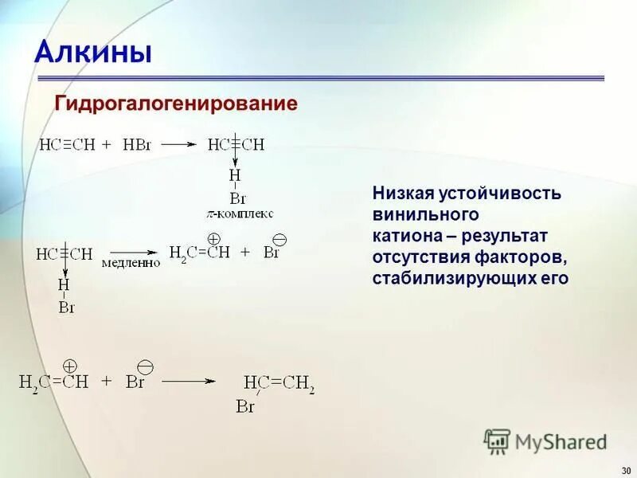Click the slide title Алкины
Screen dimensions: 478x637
pos(93,53)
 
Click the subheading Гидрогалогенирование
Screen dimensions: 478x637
pos(175,104)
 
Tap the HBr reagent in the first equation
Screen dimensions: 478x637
pos(142,144)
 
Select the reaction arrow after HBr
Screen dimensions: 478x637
pos(180,144)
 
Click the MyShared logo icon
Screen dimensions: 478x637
pos(497,441)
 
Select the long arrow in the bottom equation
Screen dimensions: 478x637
pos(189,382)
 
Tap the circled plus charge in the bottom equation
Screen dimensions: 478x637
pos(69,366)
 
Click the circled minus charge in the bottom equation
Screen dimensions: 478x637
pos(144,366)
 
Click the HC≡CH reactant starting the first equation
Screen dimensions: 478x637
pos(67,144)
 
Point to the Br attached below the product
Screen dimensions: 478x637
pos(245,407)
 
